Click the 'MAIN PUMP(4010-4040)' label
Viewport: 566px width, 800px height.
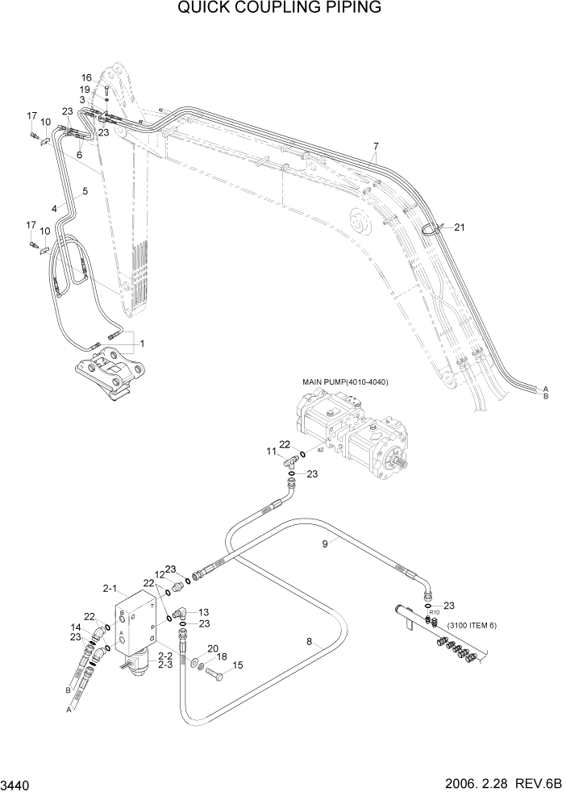point(345,381)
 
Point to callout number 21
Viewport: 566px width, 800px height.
point(460,227)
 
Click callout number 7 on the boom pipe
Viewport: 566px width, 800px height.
point(376,146)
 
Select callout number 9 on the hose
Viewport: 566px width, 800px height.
point(325,544)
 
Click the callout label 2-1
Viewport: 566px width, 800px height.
point(110,588)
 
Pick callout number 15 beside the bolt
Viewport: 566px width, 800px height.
point(238,665)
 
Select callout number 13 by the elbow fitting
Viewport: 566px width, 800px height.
point(204,612)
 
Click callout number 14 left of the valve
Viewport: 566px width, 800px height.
point(76,627)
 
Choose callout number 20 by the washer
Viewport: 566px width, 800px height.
point(213,648)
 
